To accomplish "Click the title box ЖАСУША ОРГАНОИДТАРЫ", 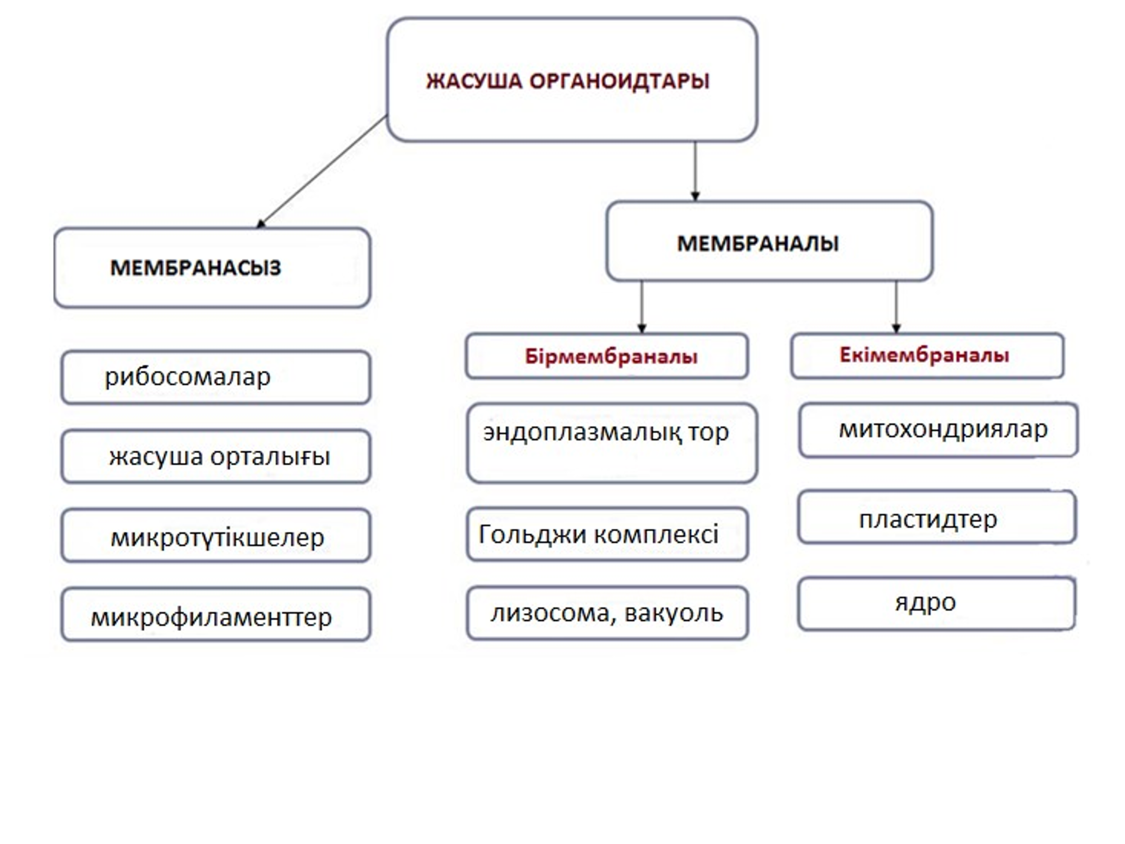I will [571, 80].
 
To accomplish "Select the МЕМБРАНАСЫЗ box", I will [212, 267].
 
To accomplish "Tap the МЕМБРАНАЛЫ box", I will [769, 242].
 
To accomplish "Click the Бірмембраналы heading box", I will [607, 356].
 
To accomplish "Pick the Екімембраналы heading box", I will [927, 356].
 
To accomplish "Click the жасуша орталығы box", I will [216, 456].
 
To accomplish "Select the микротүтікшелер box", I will [216, 536].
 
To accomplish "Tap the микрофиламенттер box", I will [216, 614].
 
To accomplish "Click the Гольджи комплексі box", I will [607, 534].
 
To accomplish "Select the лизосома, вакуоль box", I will [607, 613].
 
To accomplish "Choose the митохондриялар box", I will [938, 430].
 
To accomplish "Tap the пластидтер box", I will [937, 518].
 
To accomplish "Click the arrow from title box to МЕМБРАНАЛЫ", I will [695, 171].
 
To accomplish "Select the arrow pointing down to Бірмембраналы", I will [642, 307].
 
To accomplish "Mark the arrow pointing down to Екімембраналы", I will [896, 307].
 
